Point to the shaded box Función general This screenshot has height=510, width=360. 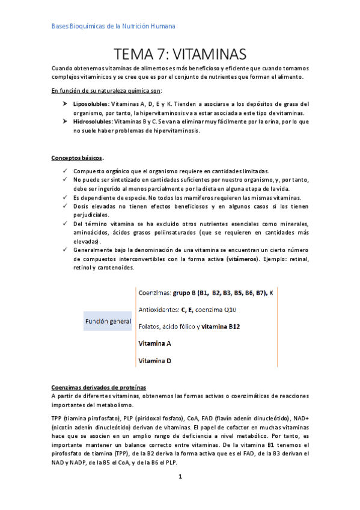pyautogui.click(x=108, y=322)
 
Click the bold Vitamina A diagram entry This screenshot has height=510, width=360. pyautogui.click(x=155, y=344)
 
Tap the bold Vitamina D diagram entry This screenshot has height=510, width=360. pyautogui.click(x=155, y=361)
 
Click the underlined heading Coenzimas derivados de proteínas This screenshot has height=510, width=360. pyautogui.click(x=99, y=387)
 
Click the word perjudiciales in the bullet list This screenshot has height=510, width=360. pyautogui.click(x=92, y=215)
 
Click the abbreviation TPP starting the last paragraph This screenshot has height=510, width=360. pyautogui.click(x=58, y=417)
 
